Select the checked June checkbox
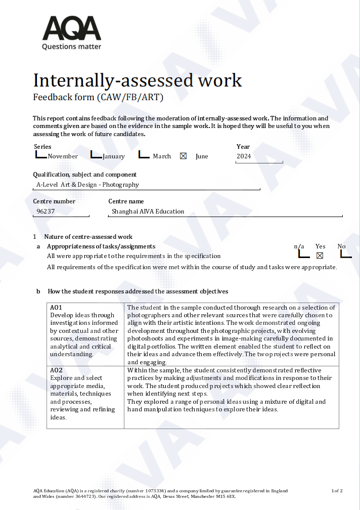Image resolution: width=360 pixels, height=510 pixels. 183,156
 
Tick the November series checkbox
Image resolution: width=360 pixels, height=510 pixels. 41,155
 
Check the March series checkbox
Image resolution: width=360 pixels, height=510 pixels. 144,155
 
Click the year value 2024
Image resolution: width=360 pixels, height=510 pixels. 244,156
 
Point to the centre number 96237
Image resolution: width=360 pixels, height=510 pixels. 46,211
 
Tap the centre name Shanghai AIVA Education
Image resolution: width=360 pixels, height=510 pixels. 148,211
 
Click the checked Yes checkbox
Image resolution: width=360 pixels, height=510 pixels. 320,256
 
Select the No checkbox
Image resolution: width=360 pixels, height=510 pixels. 346,254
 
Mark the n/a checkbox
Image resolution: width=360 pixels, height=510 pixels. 303,254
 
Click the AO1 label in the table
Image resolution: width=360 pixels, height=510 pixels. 56,308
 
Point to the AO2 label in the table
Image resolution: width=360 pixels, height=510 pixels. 56,370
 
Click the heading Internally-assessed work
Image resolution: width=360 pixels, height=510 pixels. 138,80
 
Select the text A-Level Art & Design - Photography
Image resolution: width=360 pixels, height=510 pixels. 87,185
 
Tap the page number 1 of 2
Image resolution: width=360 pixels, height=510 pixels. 337,491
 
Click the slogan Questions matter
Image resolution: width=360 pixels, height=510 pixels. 71,47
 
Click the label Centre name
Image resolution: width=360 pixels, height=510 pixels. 126,201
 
